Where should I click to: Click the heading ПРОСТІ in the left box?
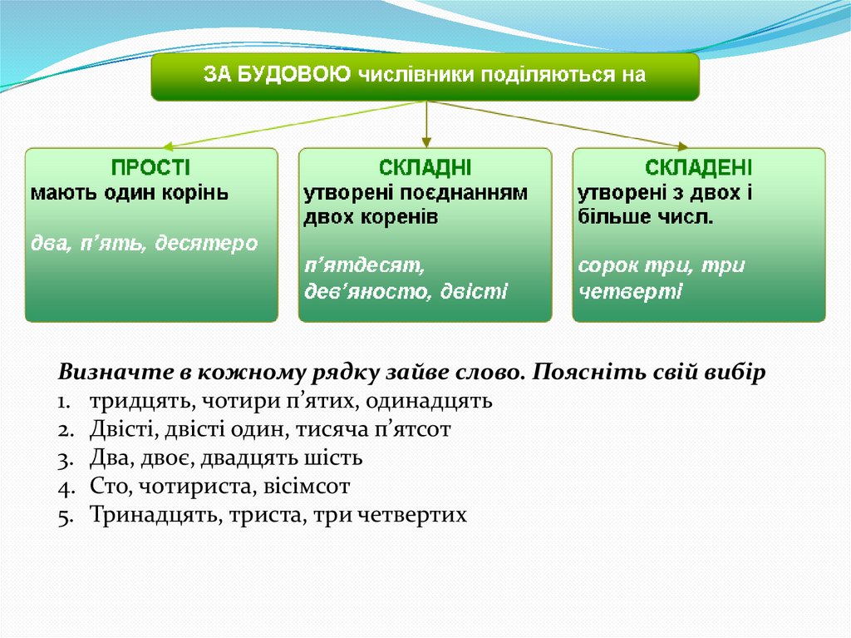(x=151, y=166)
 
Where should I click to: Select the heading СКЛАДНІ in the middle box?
(x=425, y=166)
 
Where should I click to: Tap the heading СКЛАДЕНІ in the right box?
(x=699, y=166)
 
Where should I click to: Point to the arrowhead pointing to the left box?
(x=166, y=144)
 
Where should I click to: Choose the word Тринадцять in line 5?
(x=150, y=514)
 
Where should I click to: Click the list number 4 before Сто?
(x=64, y=487)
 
